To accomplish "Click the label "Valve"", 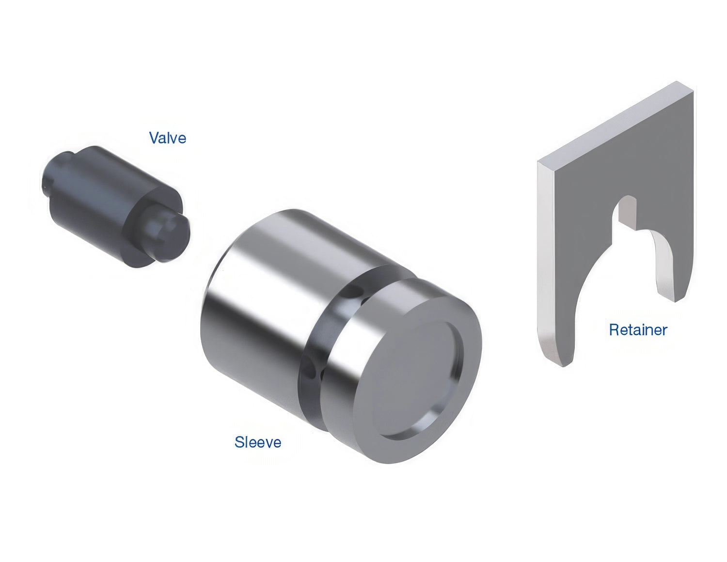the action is [x=167, y=138].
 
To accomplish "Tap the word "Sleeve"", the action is [x=258, y=442].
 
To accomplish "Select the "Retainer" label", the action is [x=638, y=330].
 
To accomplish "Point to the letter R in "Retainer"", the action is [x=614, y=330].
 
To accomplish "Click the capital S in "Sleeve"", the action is [x=239, y=442].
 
